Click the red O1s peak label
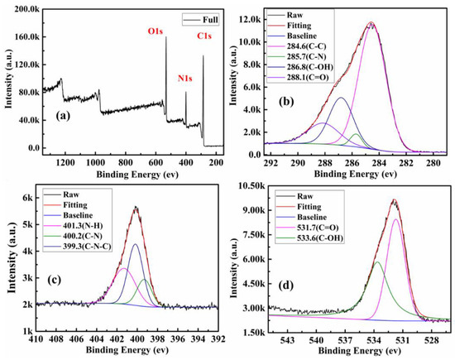156,31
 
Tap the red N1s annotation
184,79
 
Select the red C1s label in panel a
204,36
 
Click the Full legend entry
200,20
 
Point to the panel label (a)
63,116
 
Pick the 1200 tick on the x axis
65,162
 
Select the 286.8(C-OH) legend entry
300,67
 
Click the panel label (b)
286,102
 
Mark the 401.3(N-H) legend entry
74,226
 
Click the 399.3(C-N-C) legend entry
78,247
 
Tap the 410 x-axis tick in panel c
36,338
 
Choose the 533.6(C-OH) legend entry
309,238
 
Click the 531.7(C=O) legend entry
308,228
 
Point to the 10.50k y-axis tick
251,186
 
